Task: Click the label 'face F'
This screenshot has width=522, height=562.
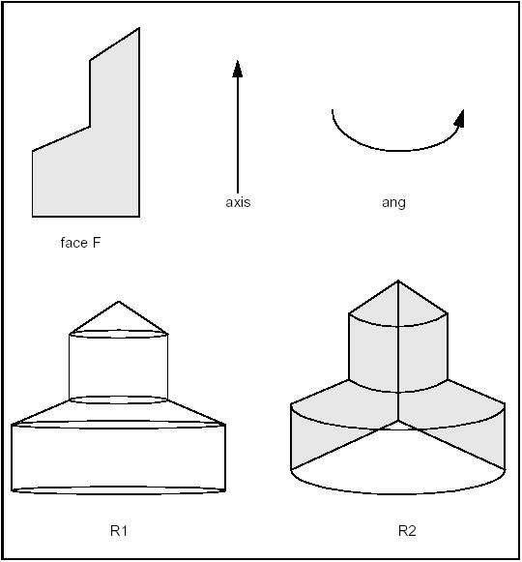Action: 80,243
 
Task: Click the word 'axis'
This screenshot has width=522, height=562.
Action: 238,202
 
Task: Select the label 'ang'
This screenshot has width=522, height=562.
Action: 393,202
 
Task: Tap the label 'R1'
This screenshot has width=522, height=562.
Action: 119,530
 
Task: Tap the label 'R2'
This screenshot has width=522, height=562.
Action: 407,530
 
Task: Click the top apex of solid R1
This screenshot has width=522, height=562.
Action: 119,301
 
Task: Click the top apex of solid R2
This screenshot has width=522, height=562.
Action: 398,281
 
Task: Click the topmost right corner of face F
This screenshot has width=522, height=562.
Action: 139,28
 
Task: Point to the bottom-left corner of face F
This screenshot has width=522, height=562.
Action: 33,215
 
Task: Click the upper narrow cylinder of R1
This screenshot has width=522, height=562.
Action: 119,366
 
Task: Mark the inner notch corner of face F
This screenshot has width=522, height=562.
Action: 91,126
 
